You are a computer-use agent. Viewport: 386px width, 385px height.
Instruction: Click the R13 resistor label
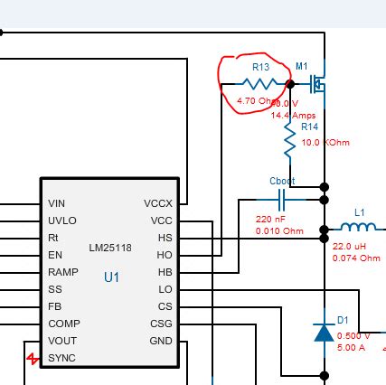[x=260, y=67]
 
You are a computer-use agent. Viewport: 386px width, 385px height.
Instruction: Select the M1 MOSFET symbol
[x=317, y=84]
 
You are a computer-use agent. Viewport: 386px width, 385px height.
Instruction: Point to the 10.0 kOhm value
[x=325, y=143]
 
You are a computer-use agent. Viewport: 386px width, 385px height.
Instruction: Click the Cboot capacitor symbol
[x=283, y=198]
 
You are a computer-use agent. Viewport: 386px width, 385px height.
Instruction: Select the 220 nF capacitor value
[x=270, y=220]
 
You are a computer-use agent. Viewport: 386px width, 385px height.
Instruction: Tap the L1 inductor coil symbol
[x=360, y=228]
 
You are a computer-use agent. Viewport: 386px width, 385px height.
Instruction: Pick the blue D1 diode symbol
[x=324, y=333]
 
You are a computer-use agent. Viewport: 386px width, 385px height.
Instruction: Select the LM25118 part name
[x=110, y=247]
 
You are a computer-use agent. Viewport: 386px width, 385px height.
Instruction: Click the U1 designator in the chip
[x=110, y=277]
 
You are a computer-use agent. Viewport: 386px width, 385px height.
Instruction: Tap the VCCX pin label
[x=157, y=204]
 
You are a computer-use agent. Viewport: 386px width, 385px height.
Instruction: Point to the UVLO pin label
[x=61, y=221]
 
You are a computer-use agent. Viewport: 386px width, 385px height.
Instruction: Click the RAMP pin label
[x=62, y=272]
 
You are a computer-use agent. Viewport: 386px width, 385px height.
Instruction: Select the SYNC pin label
[x=61, y=358]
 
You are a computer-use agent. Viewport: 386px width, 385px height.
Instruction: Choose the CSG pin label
[x=161, y=324]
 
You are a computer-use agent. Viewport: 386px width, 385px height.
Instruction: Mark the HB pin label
[x=165, y=272]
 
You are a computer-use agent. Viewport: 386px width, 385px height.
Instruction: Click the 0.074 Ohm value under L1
[x=357, y=258]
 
